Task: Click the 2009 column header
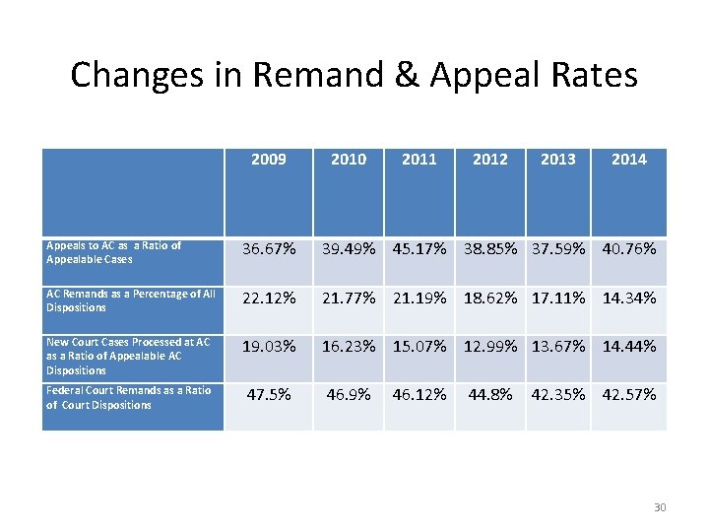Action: click(x=268, y=159)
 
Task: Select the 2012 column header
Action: click(x=489, y=159)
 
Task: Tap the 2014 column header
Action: click(x=628, y=159)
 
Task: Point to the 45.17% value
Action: click(x=419, y=249)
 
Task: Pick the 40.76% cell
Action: click(x=628, y=249)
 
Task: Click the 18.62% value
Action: click(x=491, y=298)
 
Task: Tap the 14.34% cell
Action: click(x=628, y=298)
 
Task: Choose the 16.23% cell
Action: click(x=348, y=346)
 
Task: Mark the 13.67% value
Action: click(x=557, y=346)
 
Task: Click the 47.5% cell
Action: click(x=269, y=394)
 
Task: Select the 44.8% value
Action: click(x=490, y=394)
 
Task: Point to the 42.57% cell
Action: click(x=628, y=394)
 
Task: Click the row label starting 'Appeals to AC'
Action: click(x=113, y=252)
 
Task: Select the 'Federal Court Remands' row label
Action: click(x=128, y=397)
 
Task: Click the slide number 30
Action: click(x=660, y=507)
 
